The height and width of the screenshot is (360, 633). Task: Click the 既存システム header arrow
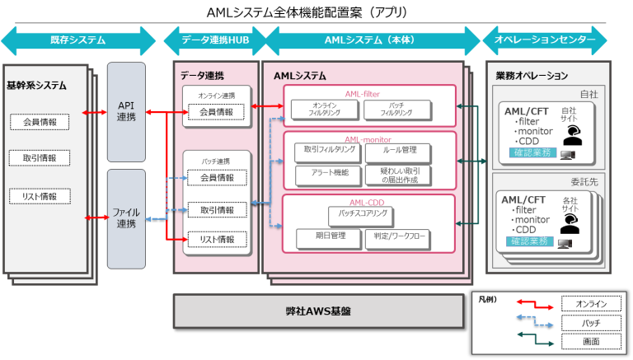[x=77, y=40]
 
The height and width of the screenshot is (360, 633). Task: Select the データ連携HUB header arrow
[x=214, y=40]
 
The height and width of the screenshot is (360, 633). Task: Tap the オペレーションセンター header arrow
[x=545, y=40]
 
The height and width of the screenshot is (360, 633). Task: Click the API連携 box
[x=126, y=112]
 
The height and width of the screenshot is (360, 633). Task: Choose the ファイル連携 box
[x=126, y=218]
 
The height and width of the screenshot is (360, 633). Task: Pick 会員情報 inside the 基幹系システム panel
[x=39, y=123]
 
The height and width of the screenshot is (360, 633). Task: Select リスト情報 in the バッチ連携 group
[x=216, y=240]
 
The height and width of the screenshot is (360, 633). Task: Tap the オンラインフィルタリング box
[x=324, y=110]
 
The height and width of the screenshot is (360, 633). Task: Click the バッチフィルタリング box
[x=396, y=110]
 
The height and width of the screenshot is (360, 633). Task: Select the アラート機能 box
[x=327, y=174]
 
